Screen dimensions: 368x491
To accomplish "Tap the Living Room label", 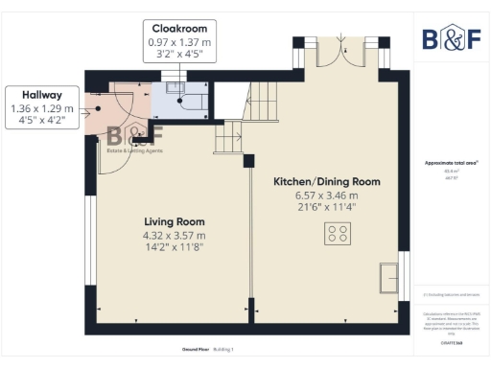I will point(174,220).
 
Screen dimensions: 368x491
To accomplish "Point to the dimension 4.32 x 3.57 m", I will point(174,235).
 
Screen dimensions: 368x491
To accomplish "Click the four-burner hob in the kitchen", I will point(337,232).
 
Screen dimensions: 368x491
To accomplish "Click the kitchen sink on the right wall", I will point(389,277).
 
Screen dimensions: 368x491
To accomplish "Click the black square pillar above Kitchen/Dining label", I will point(248,161).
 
